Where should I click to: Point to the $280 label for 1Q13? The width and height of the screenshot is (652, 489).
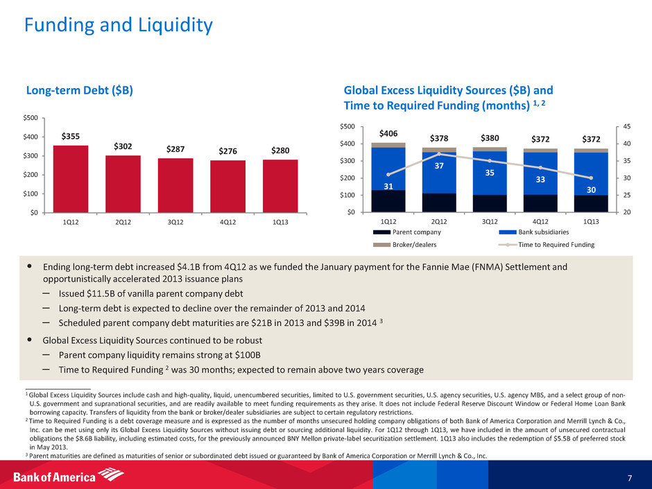280,151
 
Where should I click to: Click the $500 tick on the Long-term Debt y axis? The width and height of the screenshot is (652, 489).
30,119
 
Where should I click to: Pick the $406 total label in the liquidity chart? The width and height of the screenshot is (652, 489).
388,133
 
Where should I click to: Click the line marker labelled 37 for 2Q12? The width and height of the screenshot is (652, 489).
439,154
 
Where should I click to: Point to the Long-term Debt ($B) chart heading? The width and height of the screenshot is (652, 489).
80,90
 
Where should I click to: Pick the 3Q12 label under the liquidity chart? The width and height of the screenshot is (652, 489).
490,221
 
